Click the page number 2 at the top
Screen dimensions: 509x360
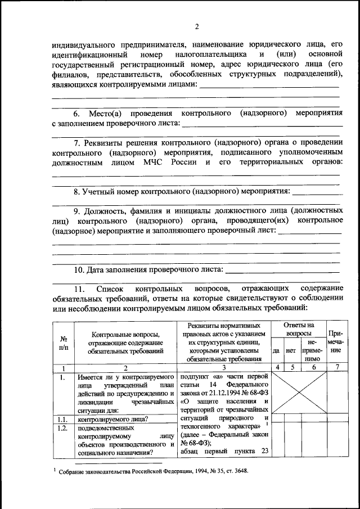coord(197,26)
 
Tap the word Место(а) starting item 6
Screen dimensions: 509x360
coord(92,113)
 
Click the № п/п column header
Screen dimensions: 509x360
coord(64,343)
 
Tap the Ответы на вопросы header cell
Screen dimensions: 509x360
coord(298,329)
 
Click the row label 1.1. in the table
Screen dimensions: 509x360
coord(63,418)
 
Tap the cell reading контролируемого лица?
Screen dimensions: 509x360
coord(113,418)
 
